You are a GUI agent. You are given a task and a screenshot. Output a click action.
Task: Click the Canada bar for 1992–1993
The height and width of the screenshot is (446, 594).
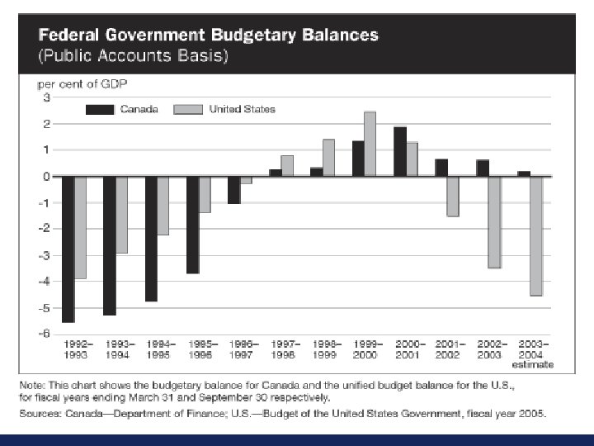68,249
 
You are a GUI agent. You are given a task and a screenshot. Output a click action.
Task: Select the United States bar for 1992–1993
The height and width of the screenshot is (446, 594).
81,227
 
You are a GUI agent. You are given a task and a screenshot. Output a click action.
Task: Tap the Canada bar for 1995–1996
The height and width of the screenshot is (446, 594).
192,225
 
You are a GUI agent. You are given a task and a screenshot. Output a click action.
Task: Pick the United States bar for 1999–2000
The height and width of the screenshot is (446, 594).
370,144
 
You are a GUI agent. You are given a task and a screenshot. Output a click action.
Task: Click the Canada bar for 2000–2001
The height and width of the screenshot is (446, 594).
399,151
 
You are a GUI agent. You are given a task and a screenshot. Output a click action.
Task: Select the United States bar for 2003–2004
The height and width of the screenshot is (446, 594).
535,235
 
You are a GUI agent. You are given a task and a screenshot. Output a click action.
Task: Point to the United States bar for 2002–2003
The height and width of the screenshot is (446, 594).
494,221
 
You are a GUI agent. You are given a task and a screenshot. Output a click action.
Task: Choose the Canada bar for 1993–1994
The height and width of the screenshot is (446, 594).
110,245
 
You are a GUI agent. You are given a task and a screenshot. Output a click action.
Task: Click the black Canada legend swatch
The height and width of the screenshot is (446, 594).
101,109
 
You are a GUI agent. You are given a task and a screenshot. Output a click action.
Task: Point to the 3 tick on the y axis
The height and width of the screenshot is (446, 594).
46,97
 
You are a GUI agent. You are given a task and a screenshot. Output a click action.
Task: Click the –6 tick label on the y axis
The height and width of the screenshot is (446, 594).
45,334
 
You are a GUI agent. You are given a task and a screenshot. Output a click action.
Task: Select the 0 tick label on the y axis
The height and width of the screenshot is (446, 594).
46,176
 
